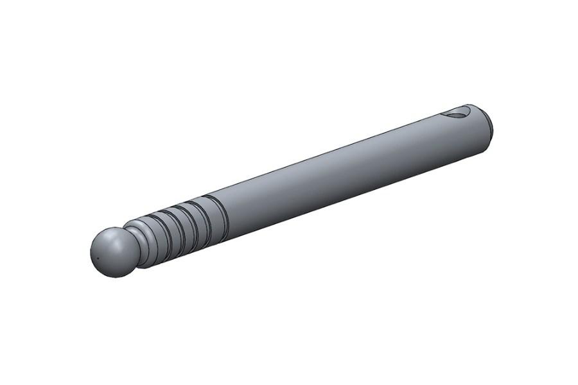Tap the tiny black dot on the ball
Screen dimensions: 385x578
pyautogui.click(x=97, y=259)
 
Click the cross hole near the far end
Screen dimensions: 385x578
pyautogui.click(x=457, y=114)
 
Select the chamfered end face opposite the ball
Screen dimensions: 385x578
pyautogui.click(x=489, y=126)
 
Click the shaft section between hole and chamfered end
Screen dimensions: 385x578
pyautogui.click(x=475, y=132)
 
